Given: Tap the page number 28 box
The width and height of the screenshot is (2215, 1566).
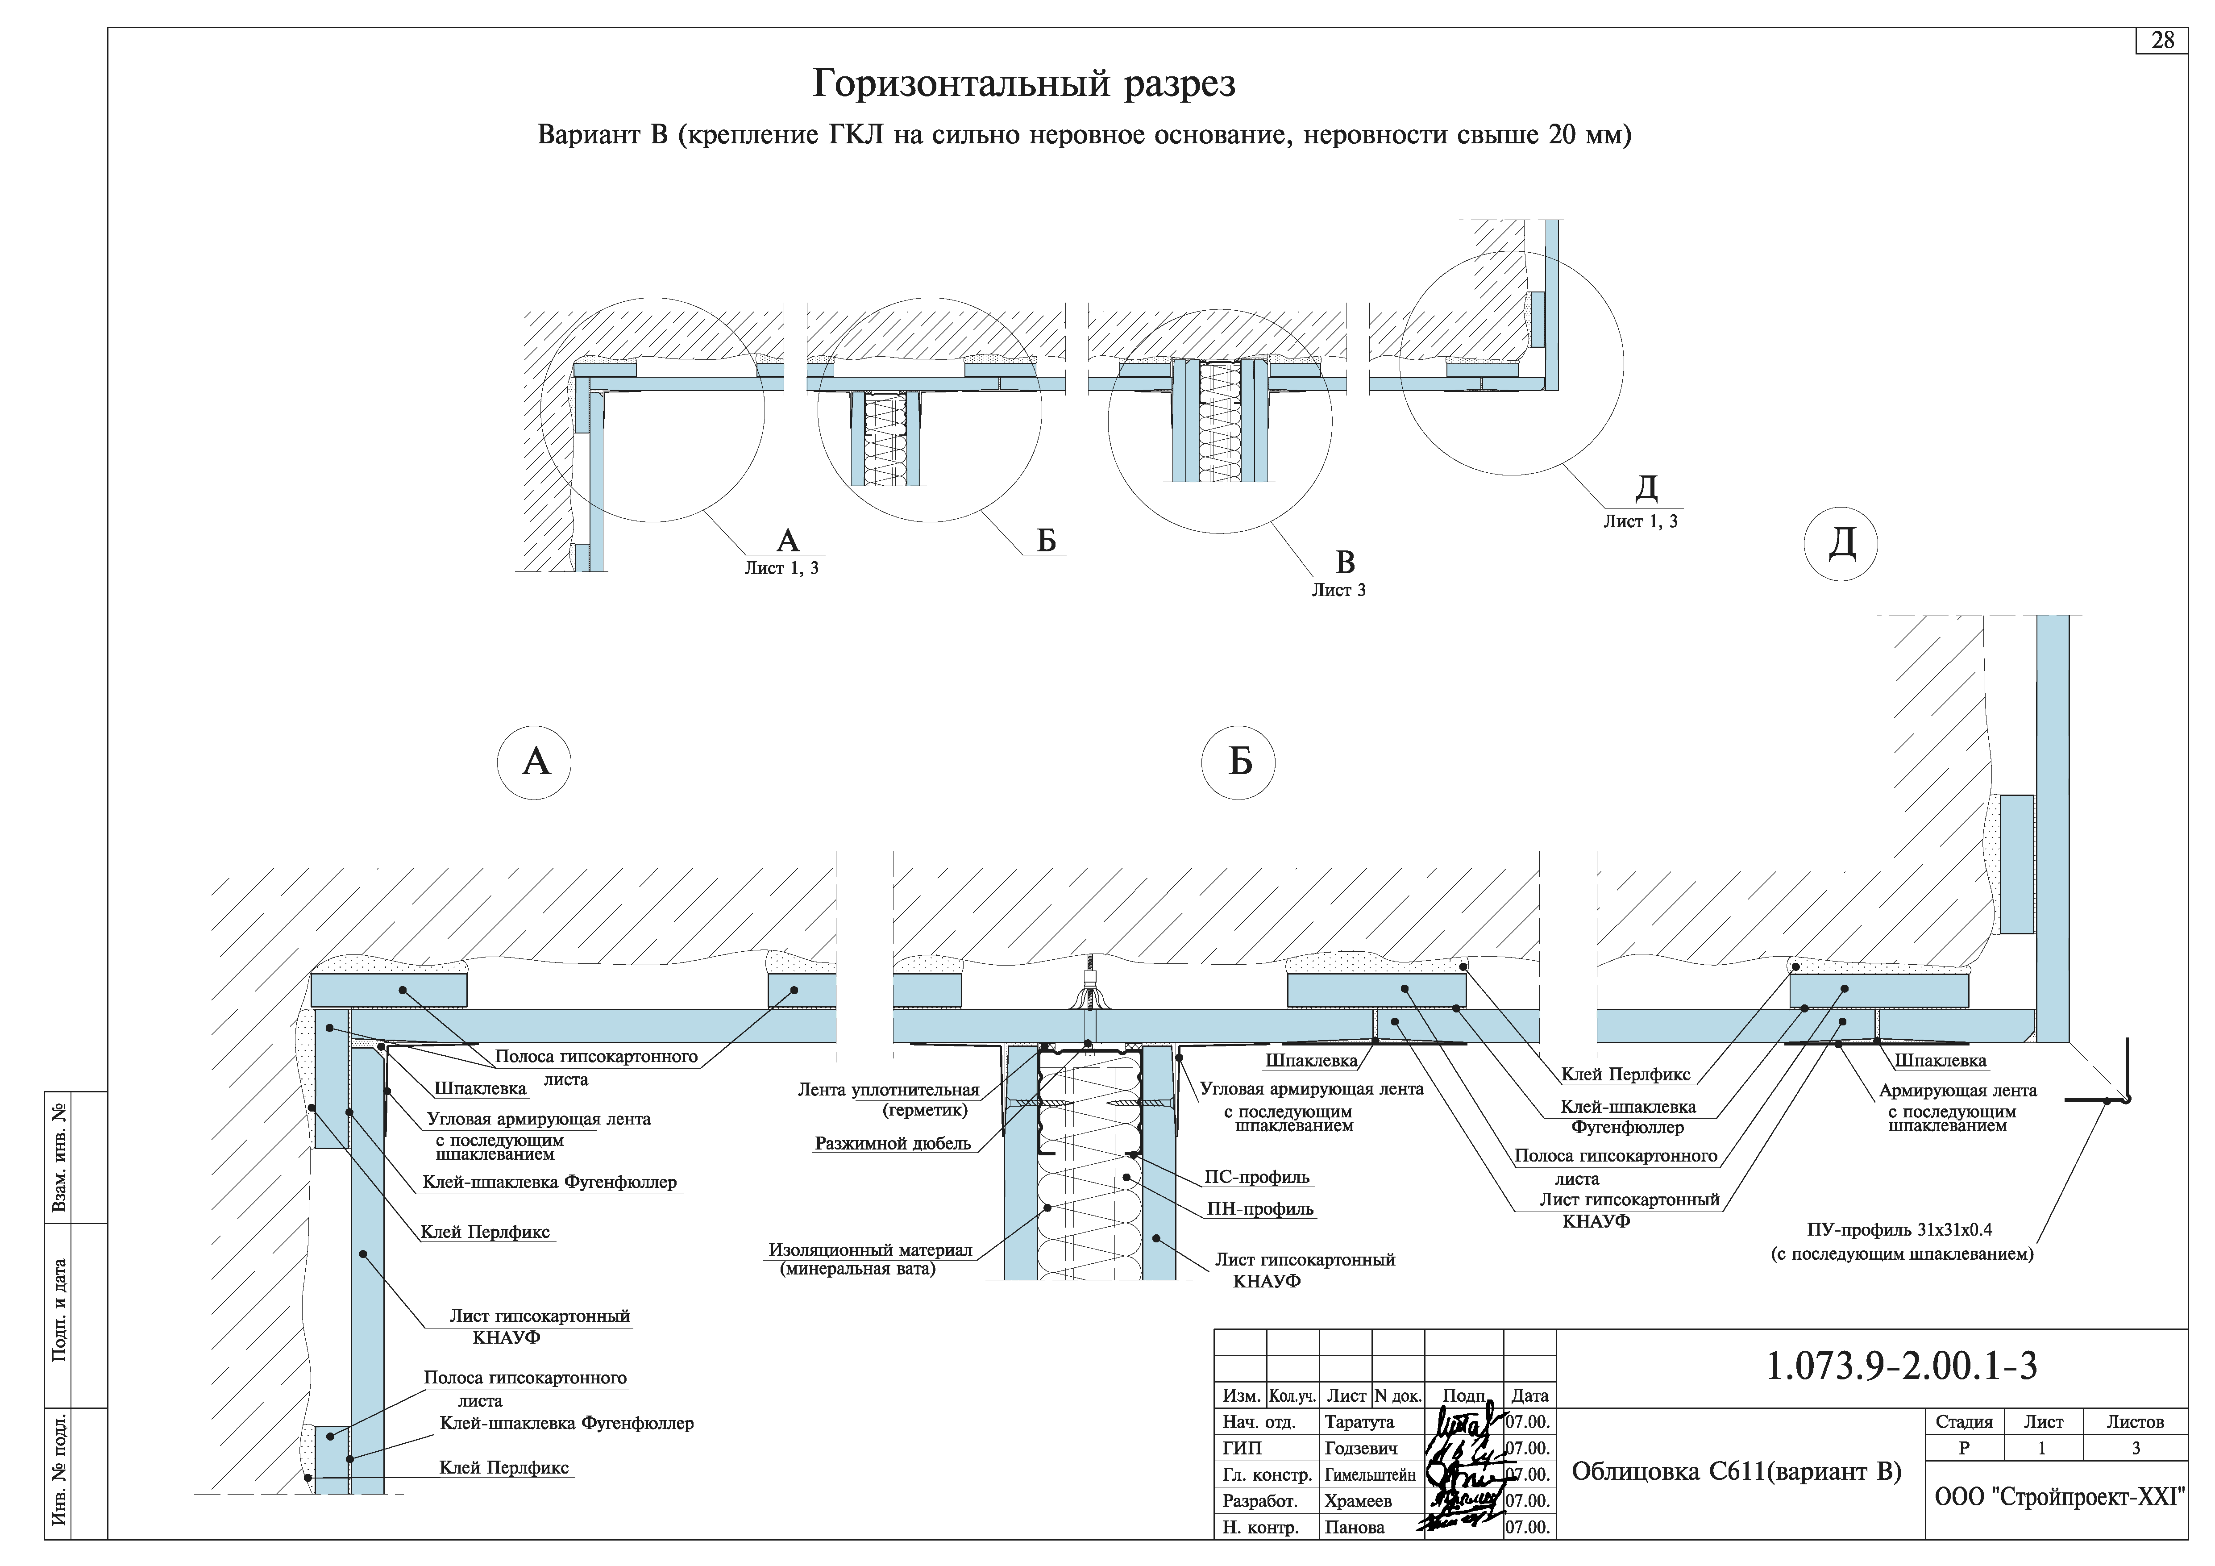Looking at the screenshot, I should click(2162, 41).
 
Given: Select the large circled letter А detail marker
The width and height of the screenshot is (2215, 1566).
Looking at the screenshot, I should click(535, 762).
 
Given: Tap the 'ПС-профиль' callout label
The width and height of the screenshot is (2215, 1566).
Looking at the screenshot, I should click(1256, 1177).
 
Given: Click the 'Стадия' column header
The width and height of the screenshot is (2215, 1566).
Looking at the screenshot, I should click(1963, 1422).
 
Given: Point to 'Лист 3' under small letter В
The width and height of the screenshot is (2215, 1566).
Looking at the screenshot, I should click(1338, 591).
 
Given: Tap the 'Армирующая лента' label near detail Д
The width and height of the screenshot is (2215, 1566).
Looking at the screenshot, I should click(1957, 1091).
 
